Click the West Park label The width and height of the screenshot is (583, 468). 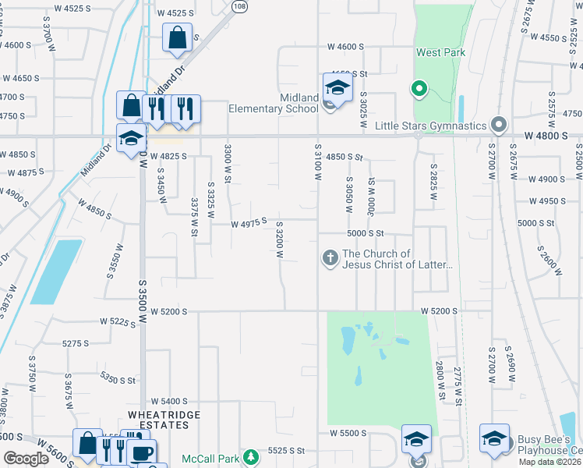point(440,52)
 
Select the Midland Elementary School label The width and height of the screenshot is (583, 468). point(273,103)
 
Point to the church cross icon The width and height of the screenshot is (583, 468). point(330,257)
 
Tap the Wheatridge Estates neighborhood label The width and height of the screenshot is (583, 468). point(159,420)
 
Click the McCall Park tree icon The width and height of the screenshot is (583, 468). point(250,456)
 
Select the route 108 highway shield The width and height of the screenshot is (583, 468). point(239,5)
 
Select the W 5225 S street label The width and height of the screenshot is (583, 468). point(118,321)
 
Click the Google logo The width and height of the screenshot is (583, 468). point(26,459)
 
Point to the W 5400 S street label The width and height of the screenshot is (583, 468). point(170,401)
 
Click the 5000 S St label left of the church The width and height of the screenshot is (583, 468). point(366,232)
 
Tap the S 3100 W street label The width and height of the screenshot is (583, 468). point(318,162)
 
